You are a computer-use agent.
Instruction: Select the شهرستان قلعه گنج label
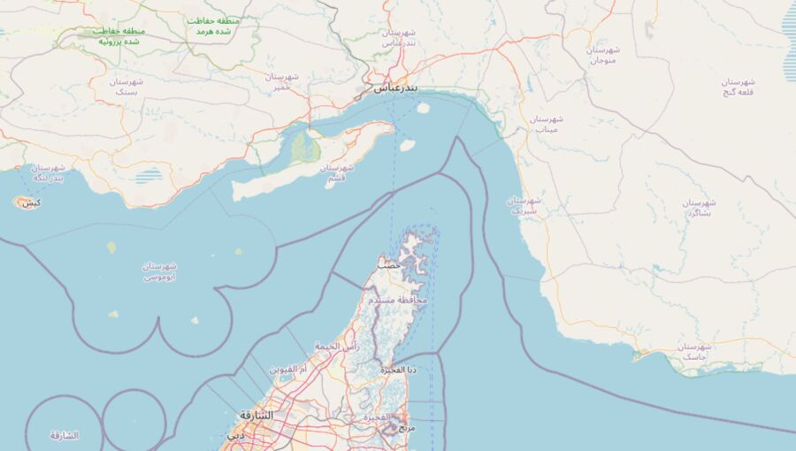click(x=741, y=86)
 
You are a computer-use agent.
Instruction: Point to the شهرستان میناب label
click(x=546, y=123)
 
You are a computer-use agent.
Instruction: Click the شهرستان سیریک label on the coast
click(x=524, y=205)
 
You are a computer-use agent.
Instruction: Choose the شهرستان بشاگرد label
click(x=699, y=208)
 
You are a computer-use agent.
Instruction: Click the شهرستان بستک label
click(x=127, y=86)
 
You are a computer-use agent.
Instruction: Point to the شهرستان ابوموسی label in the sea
click(x=160, y=271)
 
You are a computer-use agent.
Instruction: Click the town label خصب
click(x=388, y=264)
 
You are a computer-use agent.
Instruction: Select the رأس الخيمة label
click(x=337, y=347)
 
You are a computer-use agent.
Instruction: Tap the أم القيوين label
click(x=288, y=368)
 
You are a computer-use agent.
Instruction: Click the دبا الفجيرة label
click(x=399, y=369)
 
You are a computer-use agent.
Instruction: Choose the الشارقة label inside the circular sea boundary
click(x=64, y=435)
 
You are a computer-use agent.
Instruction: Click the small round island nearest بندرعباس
click(x=423, y=109)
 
